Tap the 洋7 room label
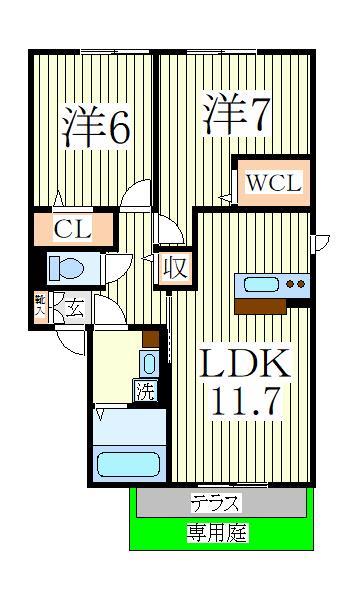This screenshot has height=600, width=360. coord(235,115)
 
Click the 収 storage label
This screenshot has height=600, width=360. coord(175,267)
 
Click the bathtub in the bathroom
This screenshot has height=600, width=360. coord(128,465)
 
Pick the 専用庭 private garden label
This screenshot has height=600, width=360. coord(216,533)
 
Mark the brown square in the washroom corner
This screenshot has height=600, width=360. coord(150,337)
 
